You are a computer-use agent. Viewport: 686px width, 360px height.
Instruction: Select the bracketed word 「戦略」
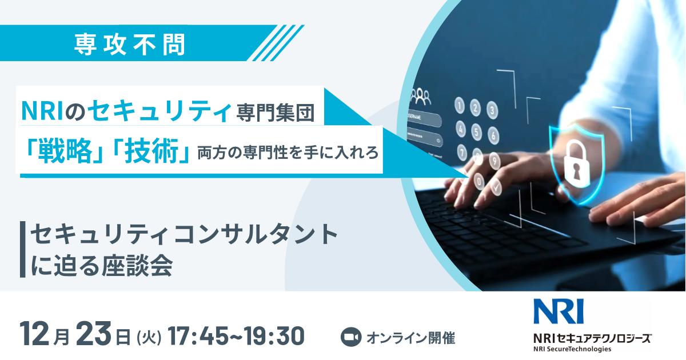[x=62, y=152]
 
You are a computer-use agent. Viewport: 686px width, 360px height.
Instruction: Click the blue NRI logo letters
[x=557, y=311]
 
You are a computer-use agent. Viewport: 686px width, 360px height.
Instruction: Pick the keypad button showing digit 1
[x=459, y=106]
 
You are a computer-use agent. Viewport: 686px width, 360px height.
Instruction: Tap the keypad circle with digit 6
[x=493, y=135]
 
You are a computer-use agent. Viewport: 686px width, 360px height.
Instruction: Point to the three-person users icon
[x=421, y=95]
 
